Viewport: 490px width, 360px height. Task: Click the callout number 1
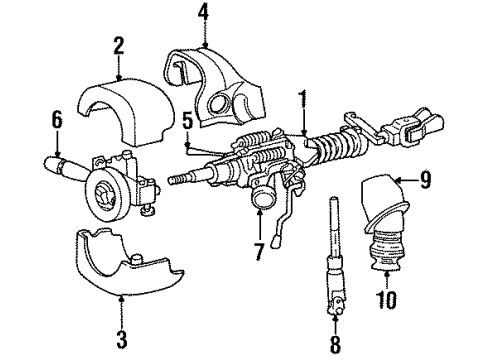[302, 98]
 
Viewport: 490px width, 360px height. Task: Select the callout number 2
[118, 46]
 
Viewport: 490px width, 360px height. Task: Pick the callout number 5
[188, 120]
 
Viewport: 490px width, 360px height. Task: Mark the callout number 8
[335, 342]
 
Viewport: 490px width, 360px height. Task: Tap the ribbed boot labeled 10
[384, 256]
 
